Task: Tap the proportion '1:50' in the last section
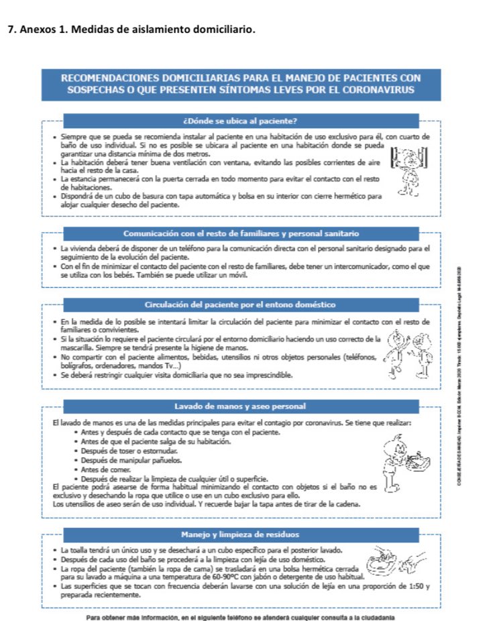414,585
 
